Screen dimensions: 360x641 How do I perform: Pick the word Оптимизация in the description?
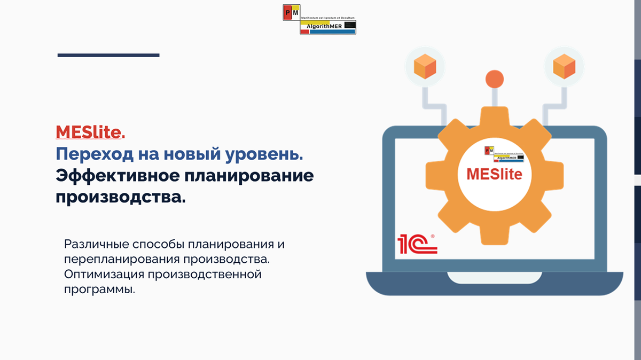click(x=102, y=275)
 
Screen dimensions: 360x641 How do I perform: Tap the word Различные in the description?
click(x=95, y=245)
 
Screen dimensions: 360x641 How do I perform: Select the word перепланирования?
click(x=121, y=260)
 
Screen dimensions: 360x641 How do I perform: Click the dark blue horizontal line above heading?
click(x=108, y=55)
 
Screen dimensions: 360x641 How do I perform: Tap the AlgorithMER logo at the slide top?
click(x=319, y=19)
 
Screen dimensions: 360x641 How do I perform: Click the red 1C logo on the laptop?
click(x=417, y=244)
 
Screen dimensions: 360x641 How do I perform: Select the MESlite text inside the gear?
click(x=494, y=174)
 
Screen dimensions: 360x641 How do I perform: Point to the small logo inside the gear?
click(x=503, y=154)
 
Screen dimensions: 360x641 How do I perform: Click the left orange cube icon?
click(x=425, y=67)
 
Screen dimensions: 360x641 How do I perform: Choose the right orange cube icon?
click(x=564, y=67)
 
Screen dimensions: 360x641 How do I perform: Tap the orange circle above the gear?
click(x=495, y=79)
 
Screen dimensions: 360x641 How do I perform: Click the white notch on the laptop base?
click(x=494, y=277)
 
